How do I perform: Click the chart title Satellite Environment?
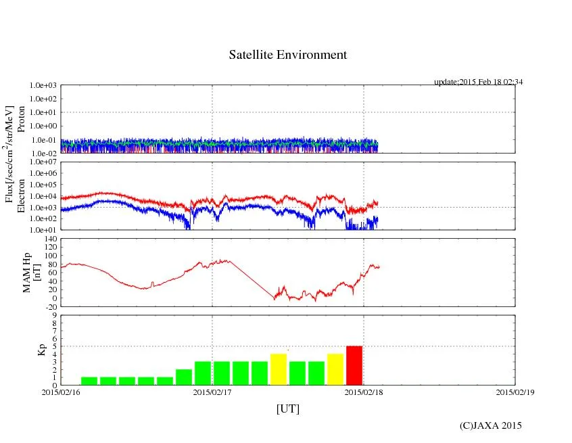pyautogui.click(x=287, y=55)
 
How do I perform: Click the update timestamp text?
pyautogui.click(x=479, y=82)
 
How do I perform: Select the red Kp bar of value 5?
pyautogui.click(x=354, y=365)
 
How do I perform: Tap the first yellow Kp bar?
pyautogui.click(x=279, y=369)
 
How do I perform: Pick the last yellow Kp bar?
pyautogui.click(x=335, y=369)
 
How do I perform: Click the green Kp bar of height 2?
pyautogui.click(x=184, y=377)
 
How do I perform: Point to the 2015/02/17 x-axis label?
pyautogui.click(x=212, y=392)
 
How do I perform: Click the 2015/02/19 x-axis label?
pyautogui.click(x=515, y=392)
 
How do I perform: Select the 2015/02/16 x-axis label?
pyautogui.click(x=61, y=392)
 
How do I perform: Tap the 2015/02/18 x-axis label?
pyautogui.click(x=364, y=392)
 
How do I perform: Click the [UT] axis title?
pyautogui.click(x=287, y=409)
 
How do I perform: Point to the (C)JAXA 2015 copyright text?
pyautogui.click(x=490, y=425)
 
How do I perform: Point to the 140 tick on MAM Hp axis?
pyautogui.click(x=49, y=239)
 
